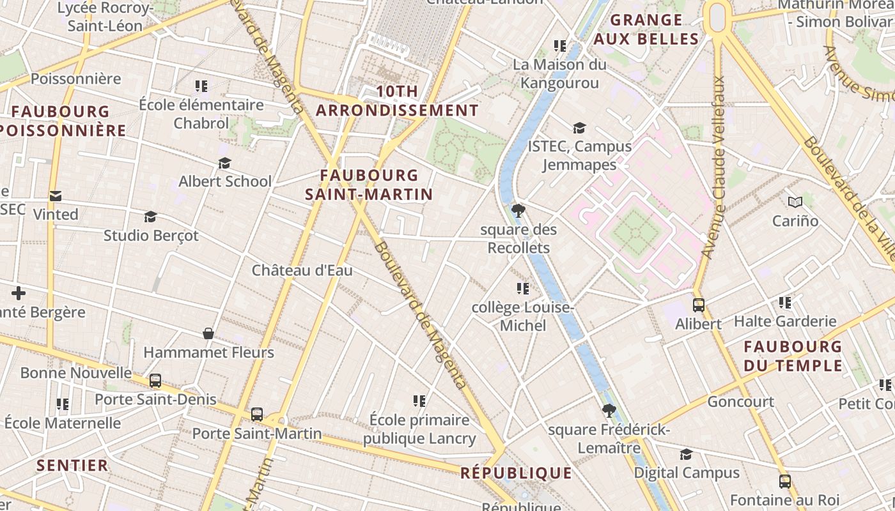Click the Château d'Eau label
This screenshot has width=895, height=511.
(302, 270)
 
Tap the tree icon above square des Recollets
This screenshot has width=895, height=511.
(518, 210)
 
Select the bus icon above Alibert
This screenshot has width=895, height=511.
(699, 305)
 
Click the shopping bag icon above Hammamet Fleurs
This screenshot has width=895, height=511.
(208, 333)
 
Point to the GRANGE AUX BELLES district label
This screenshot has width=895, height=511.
(646, 30)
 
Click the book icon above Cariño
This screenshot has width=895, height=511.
(795, 202)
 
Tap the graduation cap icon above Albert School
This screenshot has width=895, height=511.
(224, 163)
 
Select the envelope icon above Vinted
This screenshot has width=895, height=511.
(56, 196)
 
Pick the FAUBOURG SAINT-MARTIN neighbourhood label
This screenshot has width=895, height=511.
(369, 185)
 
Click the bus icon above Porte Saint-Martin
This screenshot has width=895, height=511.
(257, 415)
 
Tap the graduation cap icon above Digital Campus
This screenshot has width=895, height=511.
(686, 454)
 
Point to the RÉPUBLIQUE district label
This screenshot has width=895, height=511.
(516, 473)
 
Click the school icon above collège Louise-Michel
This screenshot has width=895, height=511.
(523, 289)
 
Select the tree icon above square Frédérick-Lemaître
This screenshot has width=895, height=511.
(609, 411)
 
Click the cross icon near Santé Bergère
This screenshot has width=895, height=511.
(19, 293)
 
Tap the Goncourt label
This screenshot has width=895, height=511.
(740, 402)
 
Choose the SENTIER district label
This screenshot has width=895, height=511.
(72, 466)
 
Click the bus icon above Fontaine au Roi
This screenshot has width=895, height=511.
(784, 482)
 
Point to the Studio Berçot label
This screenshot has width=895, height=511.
(151, 236)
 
